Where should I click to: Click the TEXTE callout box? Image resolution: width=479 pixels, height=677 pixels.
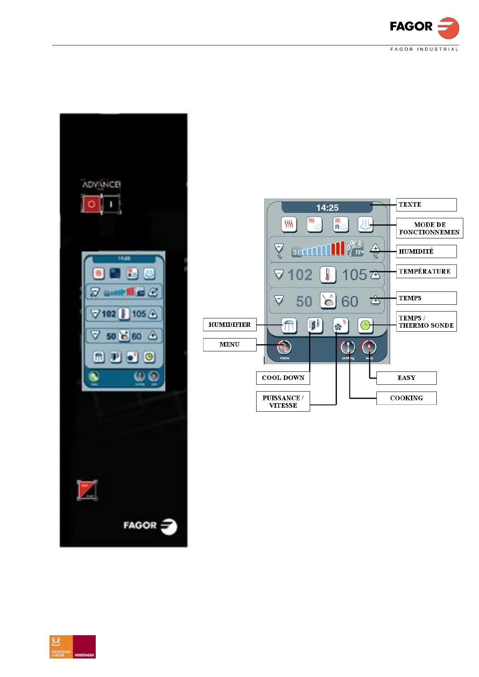pyautogui.click(x=426, y=205)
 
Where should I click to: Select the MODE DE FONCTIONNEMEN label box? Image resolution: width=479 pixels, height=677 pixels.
pyautogui.click(x=429, y=228)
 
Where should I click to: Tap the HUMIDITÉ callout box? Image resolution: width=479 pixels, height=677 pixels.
pyautogui.click(x=426, y=251)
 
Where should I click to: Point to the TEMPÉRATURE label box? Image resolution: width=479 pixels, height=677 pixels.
pyautogui.click(x=426, y=271)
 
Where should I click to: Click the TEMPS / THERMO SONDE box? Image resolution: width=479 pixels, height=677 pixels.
pyautogui.click(x=426, y=322)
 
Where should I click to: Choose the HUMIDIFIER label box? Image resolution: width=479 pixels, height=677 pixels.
pyautogui.click(x=230, y=324)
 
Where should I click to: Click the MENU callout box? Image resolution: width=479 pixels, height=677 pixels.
pyautogui.click(x=230, y=345)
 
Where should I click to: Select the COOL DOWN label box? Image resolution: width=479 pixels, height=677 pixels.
pyautogui.click(x=283, y=378)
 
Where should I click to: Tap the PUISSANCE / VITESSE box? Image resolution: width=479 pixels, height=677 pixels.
pyautogui.click(x=283, y=402)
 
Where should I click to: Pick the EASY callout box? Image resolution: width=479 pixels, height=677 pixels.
pyautogui.click(x=406, y=378)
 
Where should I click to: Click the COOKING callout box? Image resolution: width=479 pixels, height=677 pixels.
pyautogui.click(x=406, y=398)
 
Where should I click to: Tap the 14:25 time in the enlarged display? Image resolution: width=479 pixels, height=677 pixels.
pyautogui.click(x=327, y=208)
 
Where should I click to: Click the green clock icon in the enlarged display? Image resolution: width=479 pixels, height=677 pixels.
pyautogui.click(x=365, y=325)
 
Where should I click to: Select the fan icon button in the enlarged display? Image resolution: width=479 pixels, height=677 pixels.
pyautogui.click(x=340, y=326)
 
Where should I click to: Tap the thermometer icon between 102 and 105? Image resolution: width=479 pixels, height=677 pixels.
pyautogui.click(x=328, y=275)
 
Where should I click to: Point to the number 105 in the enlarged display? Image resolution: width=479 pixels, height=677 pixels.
pyautogui.click(x=354, y=275)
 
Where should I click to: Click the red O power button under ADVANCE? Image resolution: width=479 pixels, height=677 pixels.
pyautogui.click(x=91, y=204)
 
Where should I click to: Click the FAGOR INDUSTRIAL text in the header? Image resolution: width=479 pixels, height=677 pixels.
pyautogui.click(x=424, y=49)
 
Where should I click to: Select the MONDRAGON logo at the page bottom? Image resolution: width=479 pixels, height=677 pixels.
pyautogui.click(x=84, y=646)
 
